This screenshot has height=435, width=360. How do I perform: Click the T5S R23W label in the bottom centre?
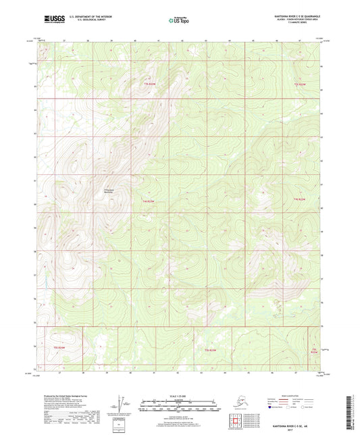(x=211, y=350)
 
